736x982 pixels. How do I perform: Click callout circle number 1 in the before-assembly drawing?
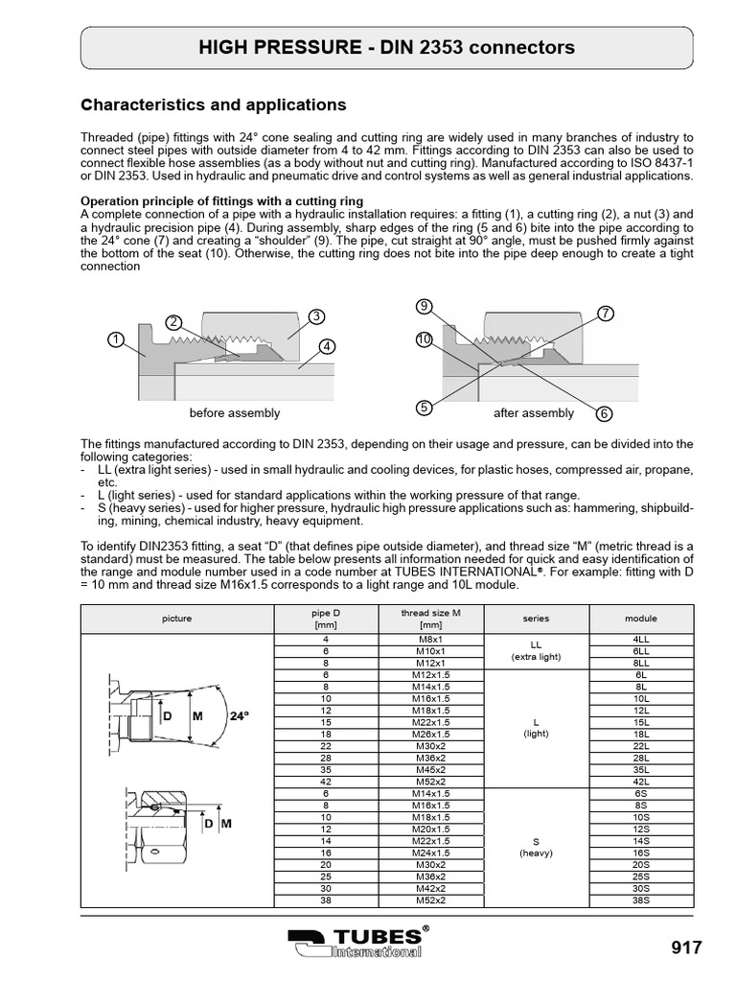pos(115,339)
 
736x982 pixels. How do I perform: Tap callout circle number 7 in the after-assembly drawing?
pos(605,314)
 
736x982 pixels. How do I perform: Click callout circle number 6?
pos(604,413)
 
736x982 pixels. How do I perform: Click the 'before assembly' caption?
pos(235,413)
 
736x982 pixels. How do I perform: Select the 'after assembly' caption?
pos(534,413)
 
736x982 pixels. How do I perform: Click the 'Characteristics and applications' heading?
pos(212,104)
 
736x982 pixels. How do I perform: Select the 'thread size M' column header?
pos(430,619)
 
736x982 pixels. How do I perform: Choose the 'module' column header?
pos(641,619)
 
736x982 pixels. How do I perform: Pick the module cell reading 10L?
pos(641,699)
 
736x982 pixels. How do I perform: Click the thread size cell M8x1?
pos(430,639)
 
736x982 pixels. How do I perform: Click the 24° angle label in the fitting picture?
pos(241,715)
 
